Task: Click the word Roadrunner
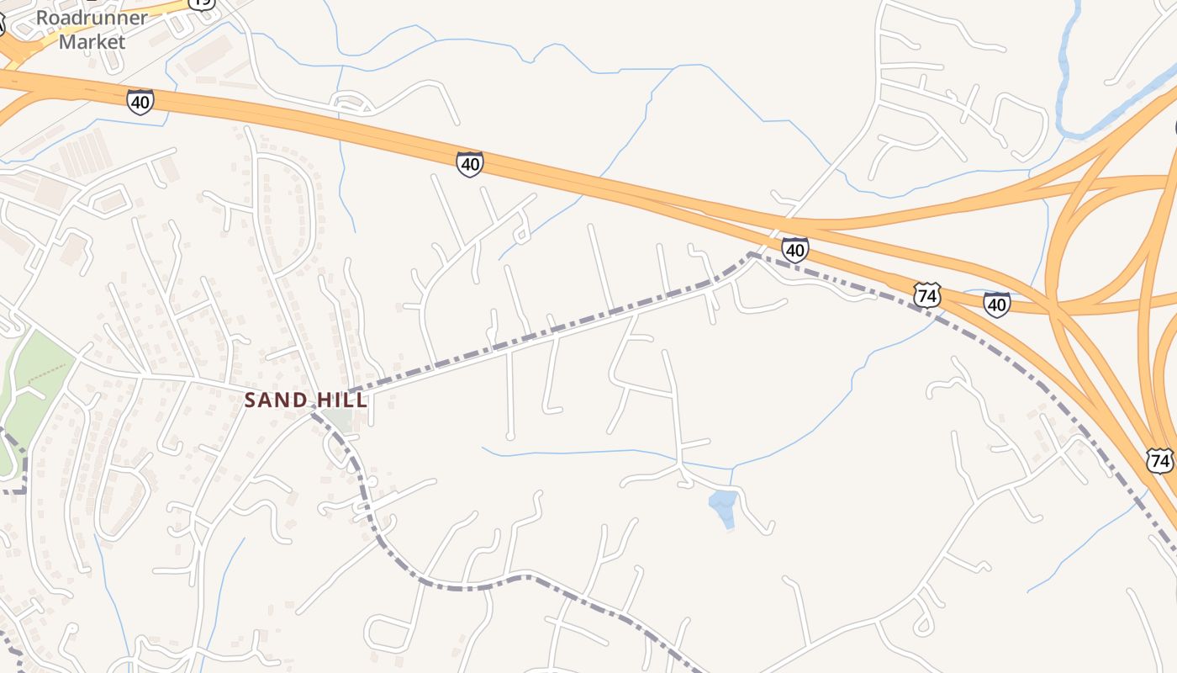pyautogui.click(x=92, y=18)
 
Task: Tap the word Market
pyautogui.click(x=92, y=41)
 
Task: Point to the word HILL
pyautogui.click(x=343, y=400)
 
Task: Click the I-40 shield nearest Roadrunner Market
pyautogui.click(x=140, y=102)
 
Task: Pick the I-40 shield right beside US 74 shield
pyautogui.click(x=996, y=304)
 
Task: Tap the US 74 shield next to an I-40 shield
pyautogui.click(x=926, y=295)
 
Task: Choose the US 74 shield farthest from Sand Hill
pyautogui.click(x=1159, y=460)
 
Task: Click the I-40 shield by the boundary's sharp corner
pyautogui.click(x=794, y=249)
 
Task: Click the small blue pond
pyautogui.click(x=723, y=508)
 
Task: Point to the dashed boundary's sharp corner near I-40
pyautogui.click(x=750, y=254)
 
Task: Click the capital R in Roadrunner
pyautogui.click(x=43, y=18)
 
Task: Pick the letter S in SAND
pyautogui.click(x=251, y=400)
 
